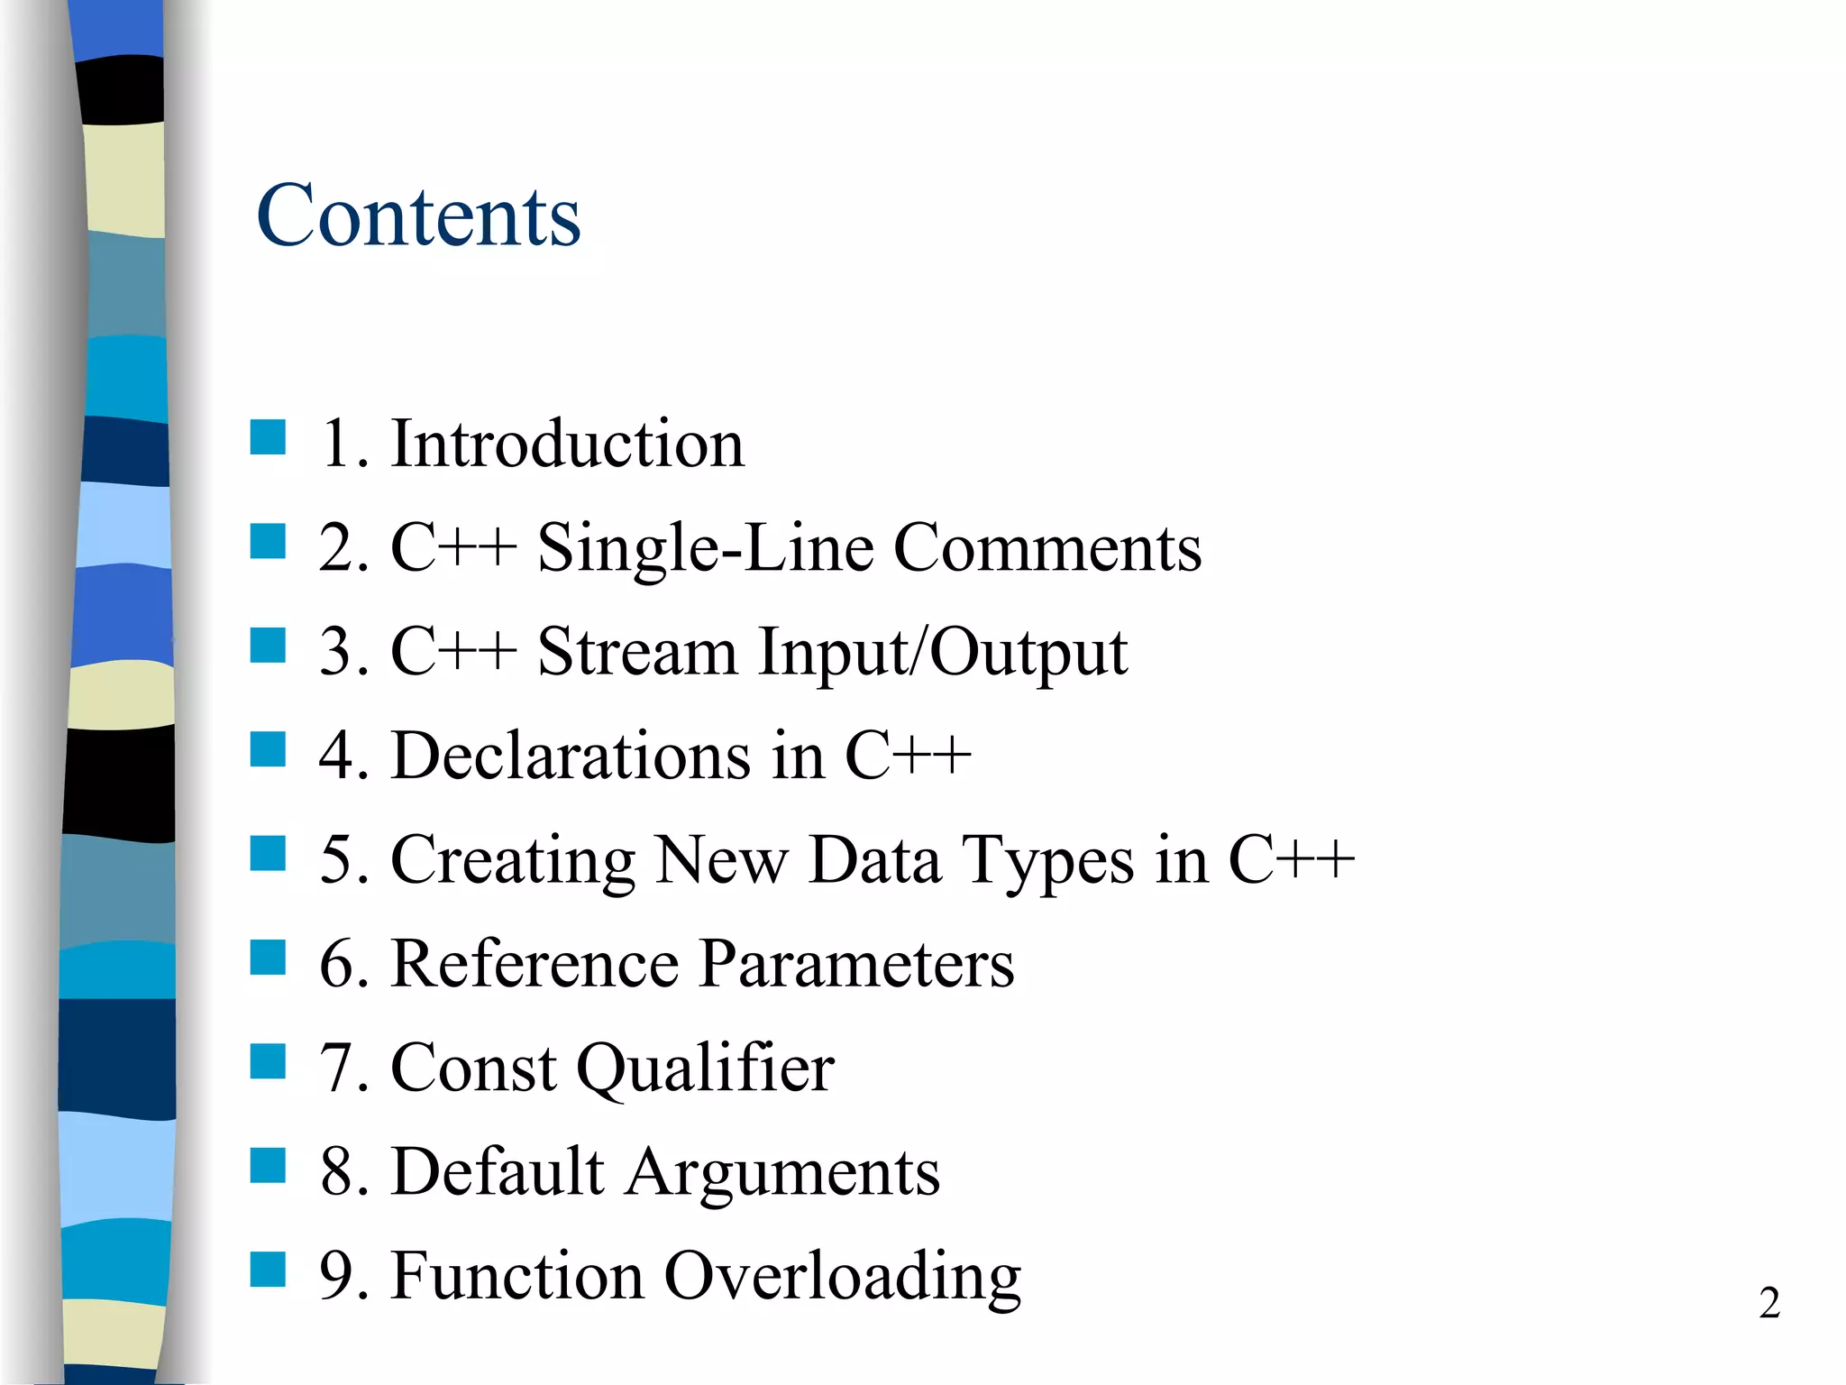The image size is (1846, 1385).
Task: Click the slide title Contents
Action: click(418, 216)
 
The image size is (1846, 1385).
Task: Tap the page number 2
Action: click(1768, 1303)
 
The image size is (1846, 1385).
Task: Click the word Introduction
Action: click(567, 444)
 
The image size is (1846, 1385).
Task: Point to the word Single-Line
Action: click(705, 549)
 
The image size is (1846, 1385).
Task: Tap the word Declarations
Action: click(571, 756)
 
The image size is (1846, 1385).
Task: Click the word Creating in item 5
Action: click(514, 861)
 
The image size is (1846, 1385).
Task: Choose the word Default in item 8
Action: click(498, 1171)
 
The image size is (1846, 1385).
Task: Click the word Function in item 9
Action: click(517, 1276)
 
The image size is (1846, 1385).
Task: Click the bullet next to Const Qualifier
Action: click(268, 1061)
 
